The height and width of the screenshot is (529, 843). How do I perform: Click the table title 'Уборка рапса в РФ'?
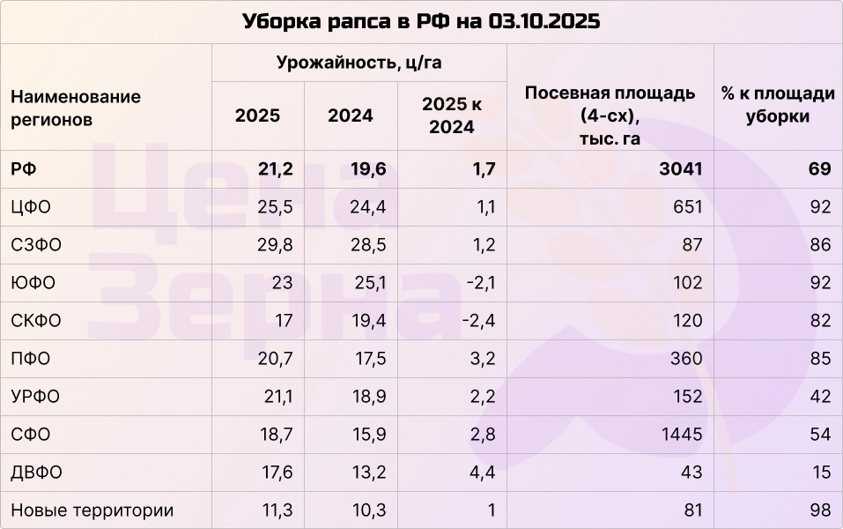pos(421,22)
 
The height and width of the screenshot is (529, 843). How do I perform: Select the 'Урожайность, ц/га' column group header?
pos(359,63)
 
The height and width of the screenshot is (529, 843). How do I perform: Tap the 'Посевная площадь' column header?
pos(610,115)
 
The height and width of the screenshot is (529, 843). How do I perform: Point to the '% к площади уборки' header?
pos(778,105)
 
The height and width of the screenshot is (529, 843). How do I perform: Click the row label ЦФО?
pos(31,207)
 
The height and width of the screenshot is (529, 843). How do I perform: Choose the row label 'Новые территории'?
pos(92,510)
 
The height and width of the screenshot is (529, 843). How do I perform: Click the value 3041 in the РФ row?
pos(681,169)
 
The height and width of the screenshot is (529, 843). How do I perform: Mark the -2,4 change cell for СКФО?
pos(478,321)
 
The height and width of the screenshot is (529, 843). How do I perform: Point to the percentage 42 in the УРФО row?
pos(820,397)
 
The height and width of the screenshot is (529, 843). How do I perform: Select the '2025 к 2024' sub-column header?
pos(452,115)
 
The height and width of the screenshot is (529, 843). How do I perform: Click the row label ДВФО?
pos(36,473)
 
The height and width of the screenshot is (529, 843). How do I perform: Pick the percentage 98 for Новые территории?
pos(820,510)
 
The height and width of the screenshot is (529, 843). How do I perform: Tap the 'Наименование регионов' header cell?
pos(76,108)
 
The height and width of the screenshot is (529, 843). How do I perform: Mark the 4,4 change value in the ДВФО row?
pos(483,473)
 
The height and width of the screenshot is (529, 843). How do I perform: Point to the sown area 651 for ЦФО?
pos(687,207)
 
